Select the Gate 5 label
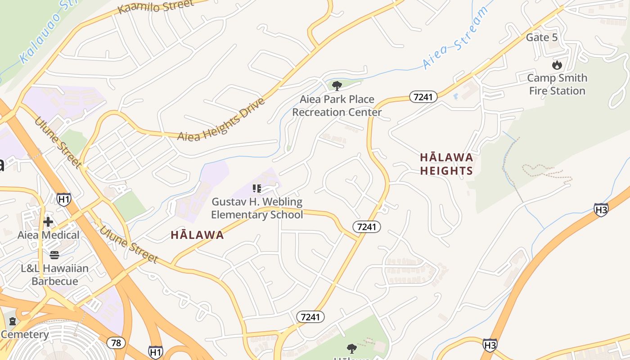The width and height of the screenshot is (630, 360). [542, 37]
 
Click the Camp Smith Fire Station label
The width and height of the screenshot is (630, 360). [557, 84]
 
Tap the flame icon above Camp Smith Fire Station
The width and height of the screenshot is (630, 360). [557, 65]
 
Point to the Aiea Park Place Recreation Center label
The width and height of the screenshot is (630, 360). [337, 106]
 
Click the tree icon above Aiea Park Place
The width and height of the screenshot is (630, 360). [337, 85]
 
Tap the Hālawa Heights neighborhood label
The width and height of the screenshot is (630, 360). [446, 164]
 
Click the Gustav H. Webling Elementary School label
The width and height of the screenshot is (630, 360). [257, 208]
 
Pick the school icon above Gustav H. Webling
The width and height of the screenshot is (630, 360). [257, 189]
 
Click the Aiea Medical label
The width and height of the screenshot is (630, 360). [48, 235]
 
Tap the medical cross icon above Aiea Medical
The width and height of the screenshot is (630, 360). [48, 222]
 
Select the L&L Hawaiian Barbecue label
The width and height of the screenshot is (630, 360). [55, 274]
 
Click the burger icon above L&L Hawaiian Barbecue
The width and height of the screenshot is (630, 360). [54, 255]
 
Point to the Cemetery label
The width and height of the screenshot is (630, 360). [25, 334]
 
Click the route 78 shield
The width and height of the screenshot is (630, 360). [116, 343]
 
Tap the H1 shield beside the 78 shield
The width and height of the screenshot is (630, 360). [156, 352]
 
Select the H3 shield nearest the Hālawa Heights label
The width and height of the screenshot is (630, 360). [601, 210]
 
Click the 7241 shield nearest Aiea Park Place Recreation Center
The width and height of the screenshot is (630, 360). [423, 96]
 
